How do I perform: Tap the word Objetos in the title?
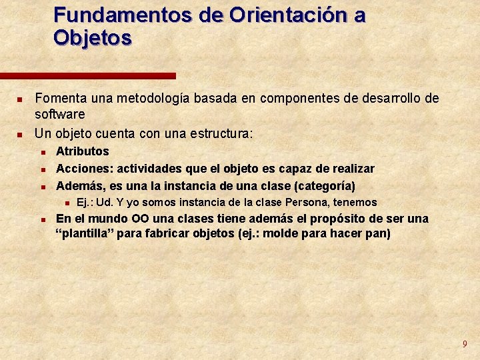[93, 37]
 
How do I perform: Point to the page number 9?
[465, 344]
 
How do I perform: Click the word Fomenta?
[59, 99]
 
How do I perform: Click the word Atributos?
[82, 151]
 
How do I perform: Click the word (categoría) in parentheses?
[323, 185]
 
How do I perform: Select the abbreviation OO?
[141, 219]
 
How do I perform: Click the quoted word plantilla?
[84, 234]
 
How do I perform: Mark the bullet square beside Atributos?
[41, 152]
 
